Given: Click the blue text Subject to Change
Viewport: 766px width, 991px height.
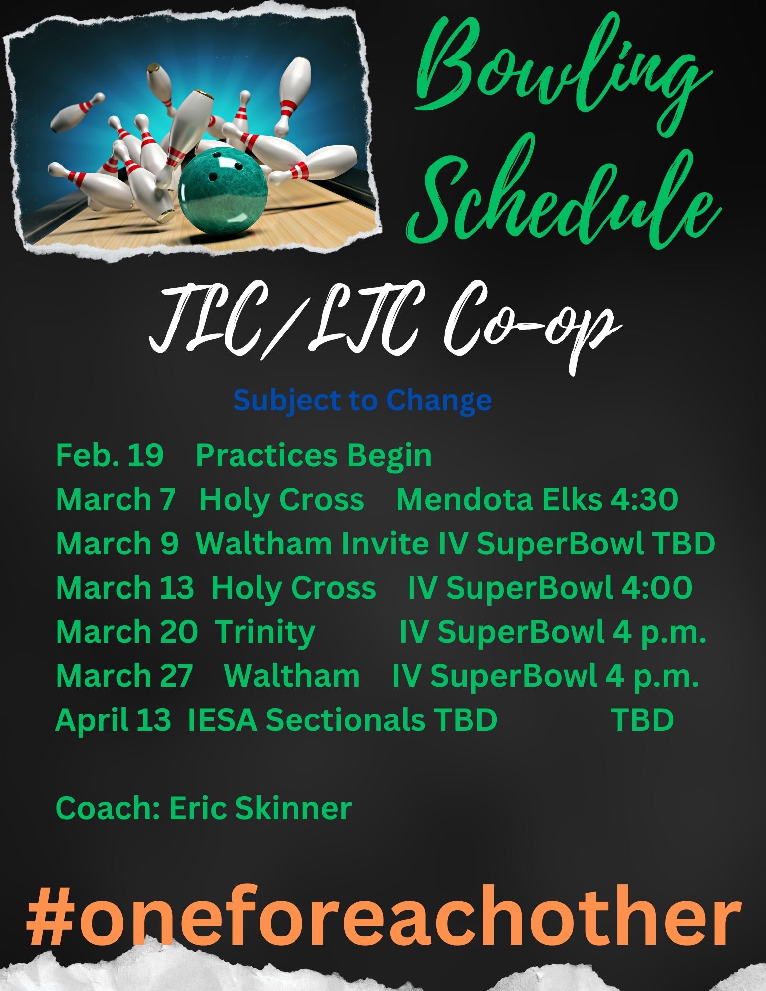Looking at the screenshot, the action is pos(362,401).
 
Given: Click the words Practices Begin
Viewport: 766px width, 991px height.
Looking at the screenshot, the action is pos(314,456).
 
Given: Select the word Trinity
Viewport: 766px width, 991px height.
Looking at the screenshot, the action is pos(266,632).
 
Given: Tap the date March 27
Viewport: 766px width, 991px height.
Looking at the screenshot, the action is pos(124,675).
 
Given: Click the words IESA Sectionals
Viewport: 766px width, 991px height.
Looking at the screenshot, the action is pos(306,719).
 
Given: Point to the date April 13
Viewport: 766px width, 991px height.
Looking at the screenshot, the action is pos(113,719).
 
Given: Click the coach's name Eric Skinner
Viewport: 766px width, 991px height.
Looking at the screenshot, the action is pos(260,808).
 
